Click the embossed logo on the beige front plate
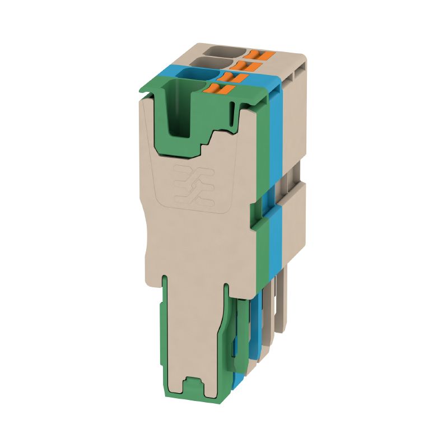click(x=193, y=185)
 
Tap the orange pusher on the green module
click(x=220, y=88)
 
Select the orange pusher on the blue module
click(x=231, y=77)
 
